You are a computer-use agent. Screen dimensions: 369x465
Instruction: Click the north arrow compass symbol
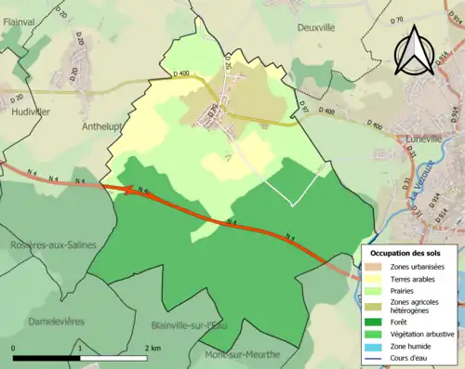tap(414, 51)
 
